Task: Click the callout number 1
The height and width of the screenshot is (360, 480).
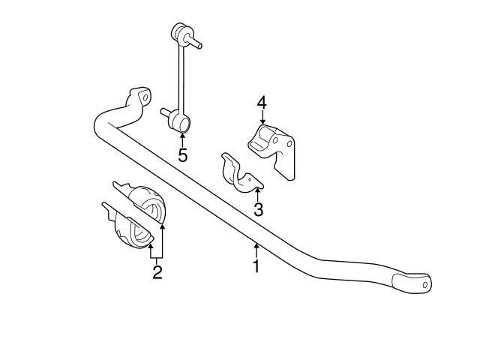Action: [x=256, y=265]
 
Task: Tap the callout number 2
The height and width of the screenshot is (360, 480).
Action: [x=157, y=272]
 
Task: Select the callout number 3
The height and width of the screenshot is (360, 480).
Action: [x=258, y=210]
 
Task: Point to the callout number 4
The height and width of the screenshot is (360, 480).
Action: [x=262, y=101]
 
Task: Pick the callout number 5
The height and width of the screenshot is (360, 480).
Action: [x=182, y=155]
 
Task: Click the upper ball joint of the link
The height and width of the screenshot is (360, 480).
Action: [x=181, y=34]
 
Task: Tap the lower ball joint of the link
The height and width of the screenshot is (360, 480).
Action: [x=181, y=120]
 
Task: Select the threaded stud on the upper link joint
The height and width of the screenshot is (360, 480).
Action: [x=196, y=44]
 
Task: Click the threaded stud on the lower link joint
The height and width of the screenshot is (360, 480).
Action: [x=166, y=113]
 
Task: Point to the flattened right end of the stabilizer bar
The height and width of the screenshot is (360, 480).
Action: [x=415, y=283]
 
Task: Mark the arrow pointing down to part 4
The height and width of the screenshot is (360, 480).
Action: [x=262, y=118]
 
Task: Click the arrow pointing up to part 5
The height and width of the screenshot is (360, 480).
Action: [x=182, y=138]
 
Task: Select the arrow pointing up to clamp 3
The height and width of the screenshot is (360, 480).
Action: [x=257, y=194]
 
